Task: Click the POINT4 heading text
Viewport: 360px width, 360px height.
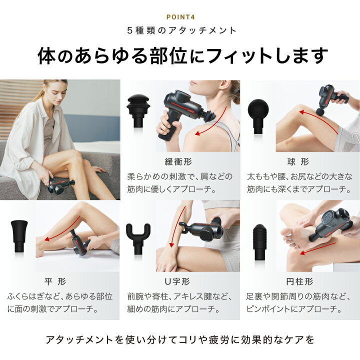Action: pos(180,15)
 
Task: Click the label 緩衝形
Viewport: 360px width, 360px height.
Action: pos(180,162)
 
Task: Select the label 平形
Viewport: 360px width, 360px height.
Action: pos(60,281)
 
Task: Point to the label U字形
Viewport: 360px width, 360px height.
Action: pos(180,281)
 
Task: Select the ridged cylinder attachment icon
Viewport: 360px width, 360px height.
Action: pos(259,239)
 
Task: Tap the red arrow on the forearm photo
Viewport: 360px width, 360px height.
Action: pos(172,235)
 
